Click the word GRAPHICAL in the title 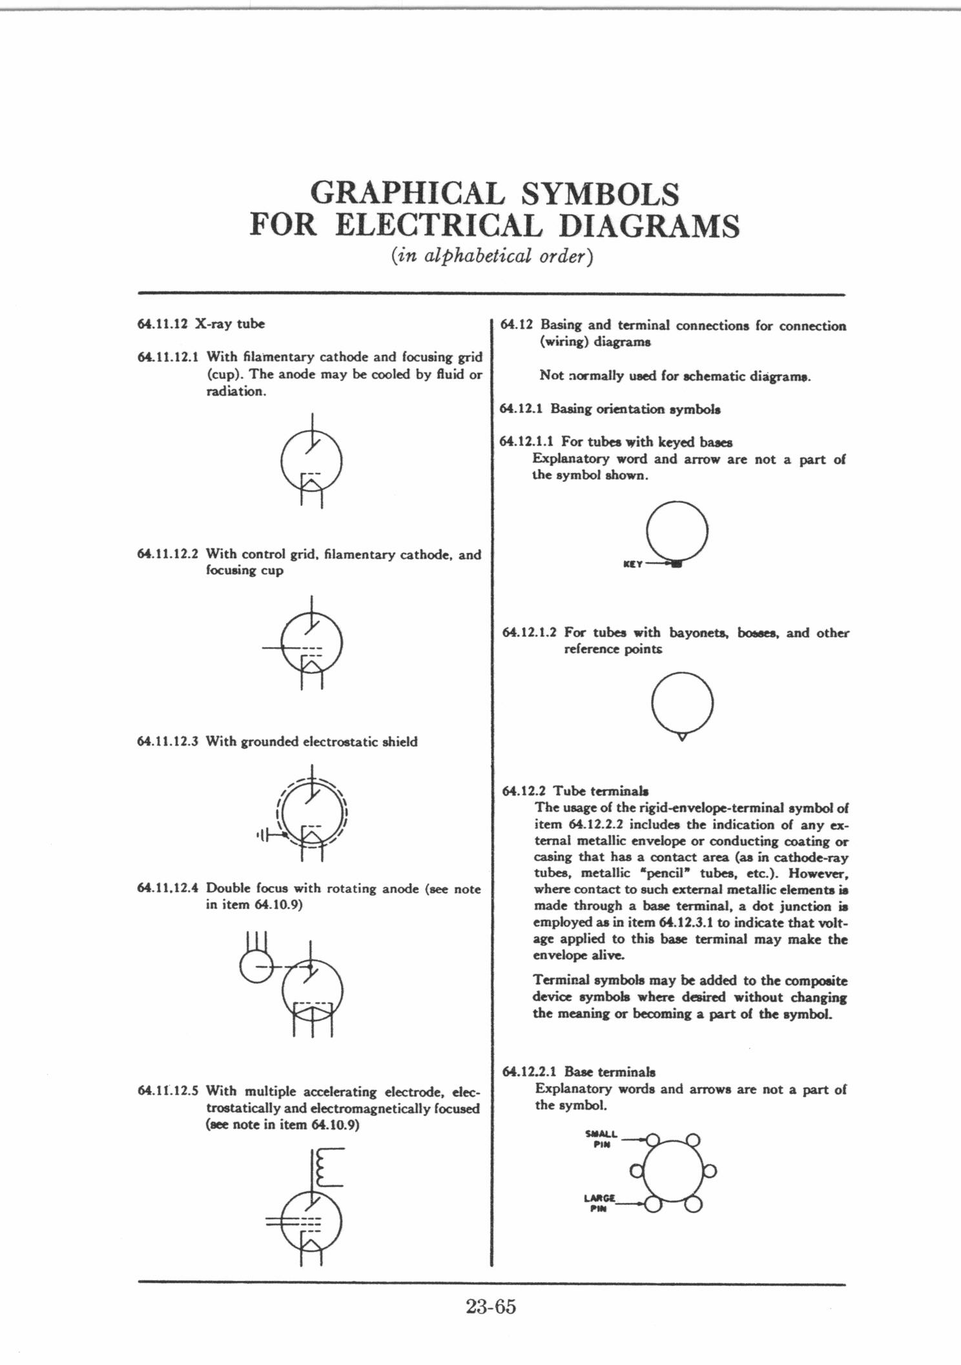pyautogui.click(x=406, y=193)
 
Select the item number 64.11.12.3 pyautogui.click(x=167, y=742)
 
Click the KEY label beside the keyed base pyautogui.click(x=632, y=564)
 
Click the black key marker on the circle pyautogui.click(x=676, y=565)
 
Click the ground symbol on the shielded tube pyautogui.click(x=263, y=836)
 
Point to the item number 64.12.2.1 pyautogui.click(x=531, y=1072)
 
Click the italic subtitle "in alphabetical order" pyautogui.click(x=491, y=256)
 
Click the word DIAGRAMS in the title pyautogui.click(x=648, y=226)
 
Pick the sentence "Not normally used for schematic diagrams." pyautogui.click(x=675, y=376)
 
